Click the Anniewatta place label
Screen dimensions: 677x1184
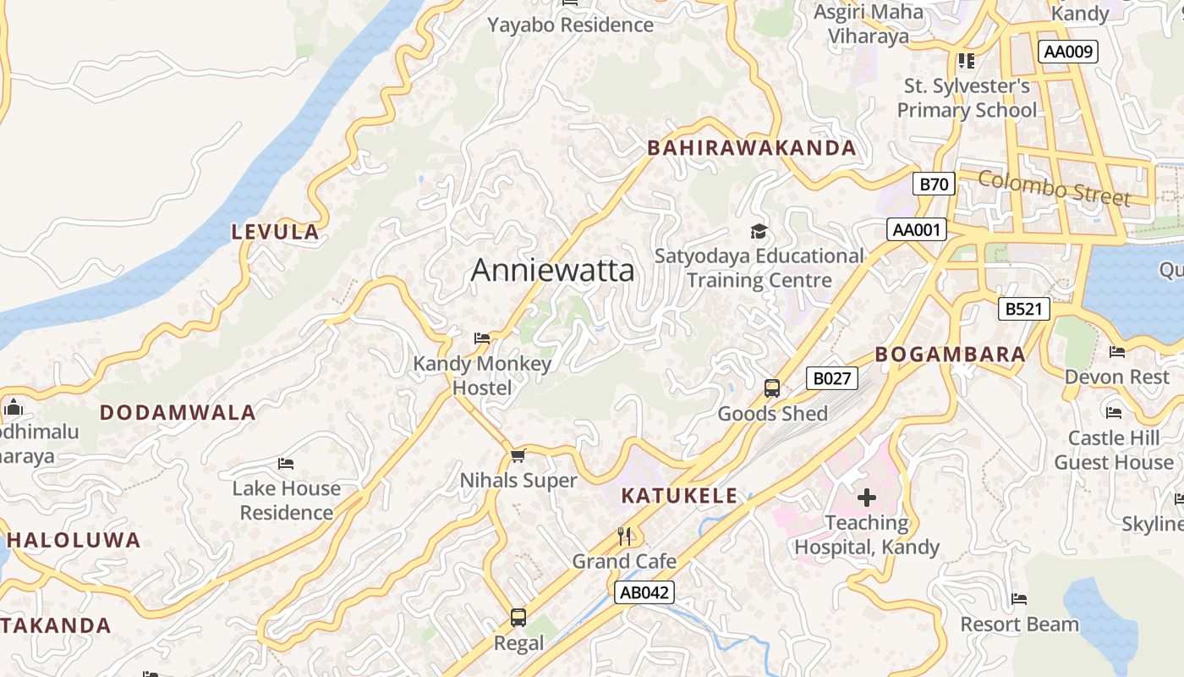click(x=552, y=270)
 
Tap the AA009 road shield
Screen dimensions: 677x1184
click(x=1068, y=52)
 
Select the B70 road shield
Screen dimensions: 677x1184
click(x=935, y=184)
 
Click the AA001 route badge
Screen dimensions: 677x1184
click(x=916, y=229)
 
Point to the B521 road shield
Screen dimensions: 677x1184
click(x=1023, y=309)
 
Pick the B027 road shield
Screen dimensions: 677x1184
click(x=831, y=378)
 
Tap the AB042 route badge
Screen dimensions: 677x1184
click(x=644, y=592)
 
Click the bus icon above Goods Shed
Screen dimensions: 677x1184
click(x=772, y=388)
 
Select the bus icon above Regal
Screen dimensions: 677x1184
click(x=518, y=618)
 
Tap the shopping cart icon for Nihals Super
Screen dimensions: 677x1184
click(x=518, y=455)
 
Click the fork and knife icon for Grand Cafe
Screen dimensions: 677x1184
click(x=624, y=536)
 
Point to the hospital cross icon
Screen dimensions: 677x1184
click(x=866, y=497)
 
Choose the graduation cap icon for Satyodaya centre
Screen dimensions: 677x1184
click(x=759, y=231)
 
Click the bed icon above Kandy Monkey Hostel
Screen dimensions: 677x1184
click(x=482, y=338)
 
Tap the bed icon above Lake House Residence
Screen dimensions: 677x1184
click(x=286, y=463)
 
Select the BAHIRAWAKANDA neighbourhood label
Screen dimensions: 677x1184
click(x=752, y=148)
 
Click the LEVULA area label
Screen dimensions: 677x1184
click(x=276, y=232)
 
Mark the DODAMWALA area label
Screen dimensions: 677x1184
click(x=178, y=413)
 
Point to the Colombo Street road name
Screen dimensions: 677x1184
click(x=1054, y=188)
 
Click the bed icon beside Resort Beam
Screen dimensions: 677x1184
click(x=1019, y=599)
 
